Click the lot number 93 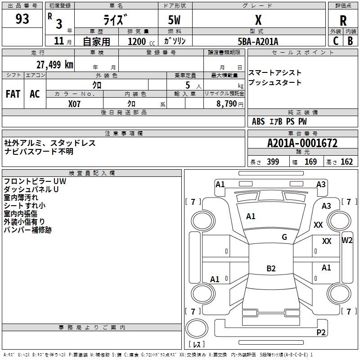pos(22,19)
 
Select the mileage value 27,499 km pos(55,65)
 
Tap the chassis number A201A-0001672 pos(302,143)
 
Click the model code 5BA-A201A pos(258,41)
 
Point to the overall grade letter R pos(343,21)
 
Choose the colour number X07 pos(74,104)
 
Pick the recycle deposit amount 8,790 pos(227,103)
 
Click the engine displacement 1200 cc pos(141,41)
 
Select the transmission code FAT pos(13,94)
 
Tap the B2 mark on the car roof pos(271,268)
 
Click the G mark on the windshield pos(284,237)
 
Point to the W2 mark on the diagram pos(347,240)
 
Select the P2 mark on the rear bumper pos(321,332)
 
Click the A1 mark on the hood pos(251,216)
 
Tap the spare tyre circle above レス pos(197,328)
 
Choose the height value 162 pos(346,162)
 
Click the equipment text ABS pos(258,121)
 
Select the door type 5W pos(174,20)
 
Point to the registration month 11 pos(59,41)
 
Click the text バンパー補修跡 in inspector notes pos(27,230)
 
